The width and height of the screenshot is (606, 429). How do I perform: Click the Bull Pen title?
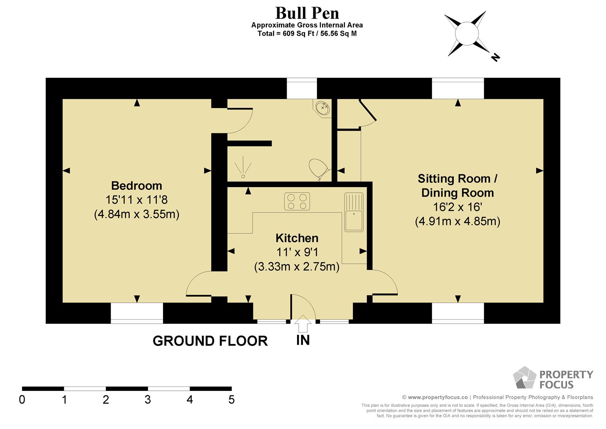(x=307, y=13)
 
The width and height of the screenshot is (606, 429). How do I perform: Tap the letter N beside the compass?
(x=495, y=58)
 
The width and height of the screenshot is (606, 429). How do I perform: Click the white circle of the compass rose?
(x=467, y=34)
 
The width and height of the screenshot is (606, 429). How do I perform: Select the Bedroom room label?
(x=136, y=186)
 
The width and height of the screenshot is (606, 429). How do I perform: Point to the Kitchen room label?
(x=297, y=238)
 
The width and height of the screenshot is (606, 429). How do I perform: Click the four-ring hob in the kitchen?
(x=297, y=201)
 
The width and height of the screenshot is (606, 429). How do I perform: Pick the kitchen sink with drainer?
(x=354, y=212)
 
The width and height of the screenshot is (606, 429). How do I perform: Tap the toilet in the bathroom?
(x=319, y=169)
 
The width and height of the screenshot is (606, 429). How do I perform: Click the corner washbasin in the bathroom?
(x=322, y=108)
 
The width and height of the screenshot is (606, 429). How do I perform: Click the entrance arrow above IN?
(x=303, y=324)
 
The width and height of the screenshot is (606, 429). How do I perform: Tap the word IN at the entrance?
(x=303, y=340)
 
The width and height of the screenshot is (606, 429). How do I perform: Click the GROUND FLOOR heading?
(x=210, y=341)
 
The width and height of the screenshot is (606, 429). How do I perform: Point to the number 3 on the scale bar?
(x=148, y=400)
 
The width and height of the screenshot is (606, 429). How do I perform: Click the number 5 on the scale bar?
(x=231, y=400)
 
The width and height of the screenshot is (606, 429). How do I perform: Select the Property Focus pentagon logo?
(x=524, y=377)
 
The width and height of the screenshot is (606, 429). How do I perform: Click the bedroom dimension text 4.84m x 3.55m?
(x=136, y=214)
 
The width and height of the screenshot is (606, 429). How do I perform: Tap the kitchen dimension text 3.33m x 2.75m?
(x=297, y=267)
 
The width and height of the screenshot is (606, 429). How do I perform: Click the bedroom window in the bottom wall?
(x=137, y=313)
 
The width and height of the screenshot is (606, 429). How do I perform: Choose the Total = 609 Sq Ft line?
(x=307, y=34)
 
